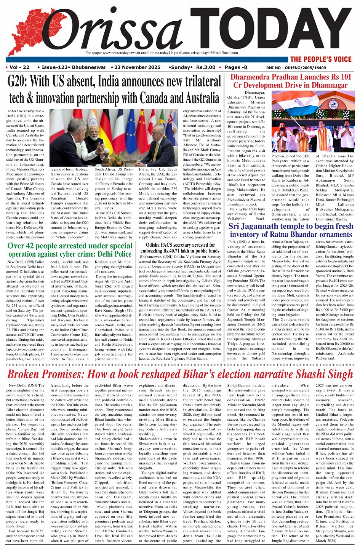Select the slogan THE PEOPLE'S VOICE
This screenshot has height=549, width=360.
tap(321, 59)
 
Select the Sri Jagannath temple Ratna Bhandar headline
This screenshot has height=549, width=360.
tap(291, 230)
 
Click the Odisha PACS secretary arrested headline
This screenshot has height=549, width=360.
tap(180, 247)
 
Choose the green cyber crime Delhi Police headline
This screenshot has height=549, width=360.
tap(70, 250)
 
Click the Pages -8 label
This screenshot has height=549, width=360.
tap(236, 67)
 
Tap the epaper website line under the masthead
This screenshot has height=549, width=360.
tap(162, 53)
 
